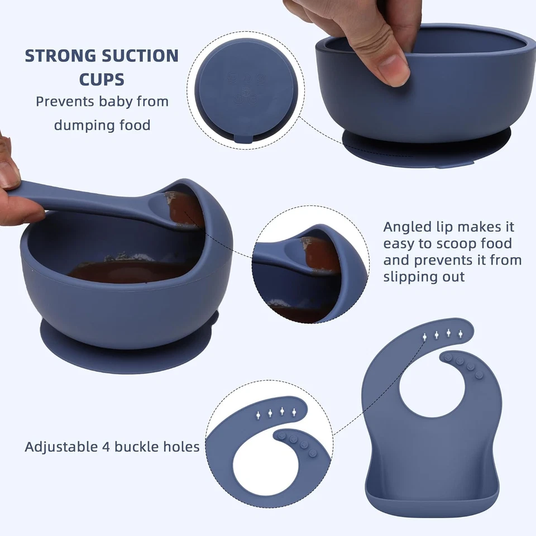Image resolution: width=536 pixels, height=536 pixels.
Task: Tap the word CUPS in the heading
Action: [102, 79]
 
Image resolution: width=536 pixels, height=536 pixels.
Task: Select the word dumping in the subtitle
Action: [79, 125]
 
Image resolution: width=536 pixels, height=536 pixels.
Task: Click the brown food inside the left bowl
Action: [128, 271]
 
